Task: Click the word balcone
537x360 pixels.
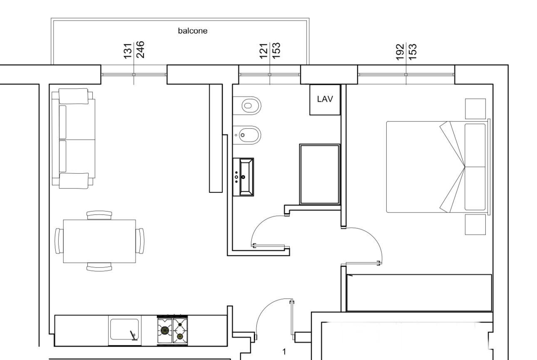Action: [x=192, y=31]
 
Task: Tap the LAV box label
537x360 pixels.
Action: [x=325, y=99]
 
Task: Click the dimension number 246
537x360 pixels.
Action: [x=140, y=50]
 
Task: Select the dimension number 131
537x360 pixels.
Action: [x=127, y=51]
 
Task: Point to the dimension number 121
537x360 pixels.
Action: [x=264, y=51]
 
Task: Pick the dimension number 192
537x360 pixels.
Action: [x=400, y=52]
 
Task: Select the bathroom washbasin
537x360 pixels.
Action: [x=244, y=177]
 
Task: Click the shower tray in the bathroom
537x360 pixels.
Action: [x=320, y=174]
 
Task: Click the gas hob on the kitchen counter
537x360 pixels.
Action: [x=172, y=330]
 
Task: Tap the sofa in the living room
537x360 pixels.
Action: [x=73, y=139]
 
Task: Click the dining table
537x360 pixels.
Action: [x=99, y=241]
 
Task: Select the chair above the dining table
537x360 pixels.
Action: [x=99, y=215]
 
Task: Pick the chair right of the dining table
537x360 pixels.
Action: [x=140, y=241]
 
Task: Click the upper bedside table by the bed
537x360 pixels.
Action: [x=475, y=109]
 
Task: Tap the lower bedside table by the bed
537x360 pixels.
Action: [x=475, y=224]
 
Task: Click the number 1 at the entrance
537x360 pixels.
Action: [x=284, y=352]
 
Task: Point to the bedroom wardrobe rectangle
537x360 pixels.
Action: [x=419, y=293]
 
